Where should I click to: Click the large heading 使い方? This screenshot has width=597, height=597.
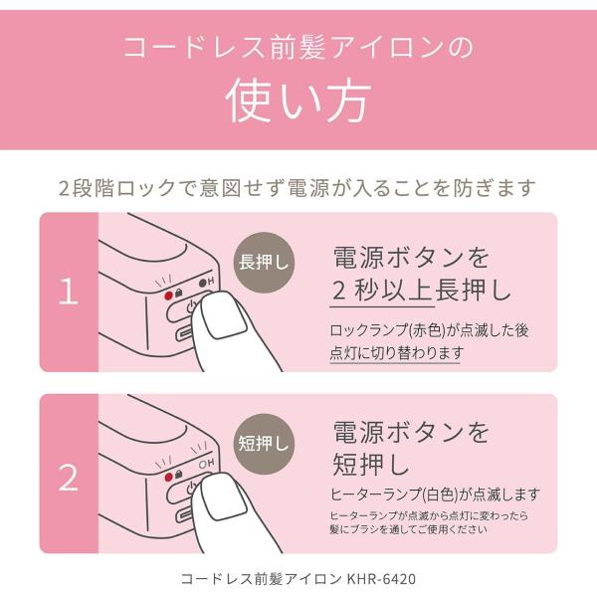click(298, 100)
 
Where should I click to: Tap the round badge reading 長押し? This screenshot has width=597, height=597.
click(264, 263)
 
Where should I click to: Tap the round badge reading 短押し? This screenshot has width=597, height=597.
click(264, 444)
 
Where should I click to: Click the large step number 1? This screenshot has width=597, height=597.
click(69, 291)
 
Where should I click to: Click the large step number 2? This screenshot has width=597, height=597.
click(69, 478)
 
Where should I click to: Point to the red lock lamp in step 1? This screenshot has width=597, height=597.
click(169, 296)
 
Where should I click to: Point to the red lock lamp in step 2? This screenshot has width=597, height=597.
click(169, 477)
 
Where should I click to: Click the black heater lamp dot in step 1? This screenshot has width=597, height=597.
click(203, 283)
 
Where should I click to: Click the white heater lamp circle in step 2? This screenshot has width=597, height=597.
click(203, 465)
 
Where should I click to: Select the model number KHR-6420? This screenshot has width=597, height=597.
click(381, 579)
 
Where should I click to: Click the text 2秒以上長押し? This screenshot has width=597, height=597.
click(422, 291)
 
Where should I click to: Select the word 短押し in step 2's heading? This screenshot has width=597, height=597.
click(371, 465)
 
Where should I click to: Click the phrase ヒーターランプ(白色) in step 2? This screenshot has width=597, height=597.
click(395, 495)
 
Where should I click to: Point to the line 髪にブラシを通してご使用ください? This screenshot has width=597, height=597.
click(408, 529)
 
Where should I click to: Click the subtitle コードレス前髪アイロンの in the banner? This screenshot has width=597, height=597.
click(298, 47)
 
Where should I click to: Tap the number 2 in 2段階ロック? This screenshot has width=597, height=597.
click(65, 188)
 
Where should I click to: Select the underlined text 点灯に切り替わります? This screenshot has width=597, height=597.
click(396, 353)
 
